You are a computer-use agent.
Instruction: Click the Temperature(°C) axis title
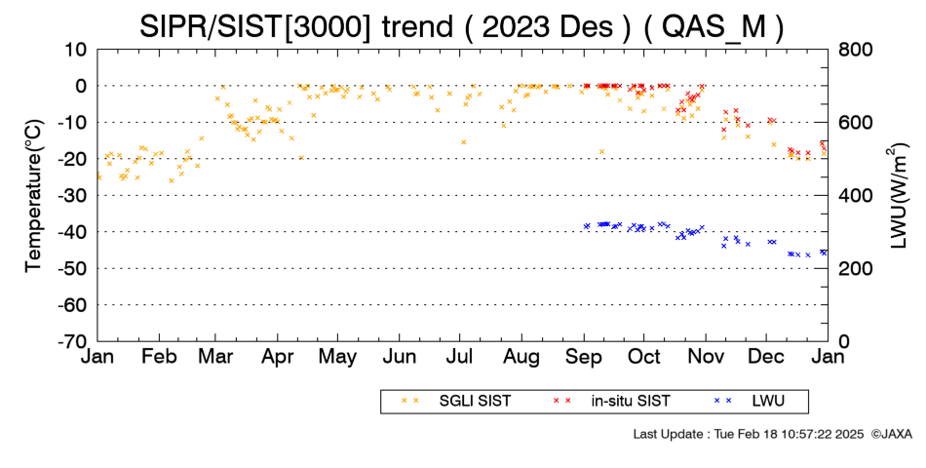pos(34,196)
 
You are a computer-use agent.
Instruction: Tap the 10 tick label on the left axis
pos(76,50)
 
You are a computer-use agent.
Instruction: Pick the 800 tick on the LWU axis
pos(855,50)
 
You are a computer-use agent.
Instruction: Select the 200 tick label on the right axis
pos(855,269)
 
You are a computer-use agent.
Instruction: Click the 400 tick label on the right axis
pos(855,196)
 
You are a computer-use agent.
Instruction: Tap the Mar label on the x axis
pos(216,357)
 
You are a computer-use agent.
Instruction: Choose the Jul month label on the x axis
pos(459,357)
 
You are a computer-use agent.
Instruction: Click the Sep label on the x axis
pos(584,358)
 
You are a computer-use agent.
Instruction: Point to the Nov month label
pos(706,357)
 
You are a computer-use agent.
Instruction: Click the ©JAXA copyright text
pos(891,434)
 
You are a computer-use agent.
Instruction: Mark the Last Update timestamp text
pos(749,434)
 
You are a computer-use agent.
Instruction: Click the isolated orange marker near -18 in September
pos(601,152)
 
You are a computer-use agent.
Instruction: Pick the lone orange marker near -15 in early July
pos(464,141)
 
